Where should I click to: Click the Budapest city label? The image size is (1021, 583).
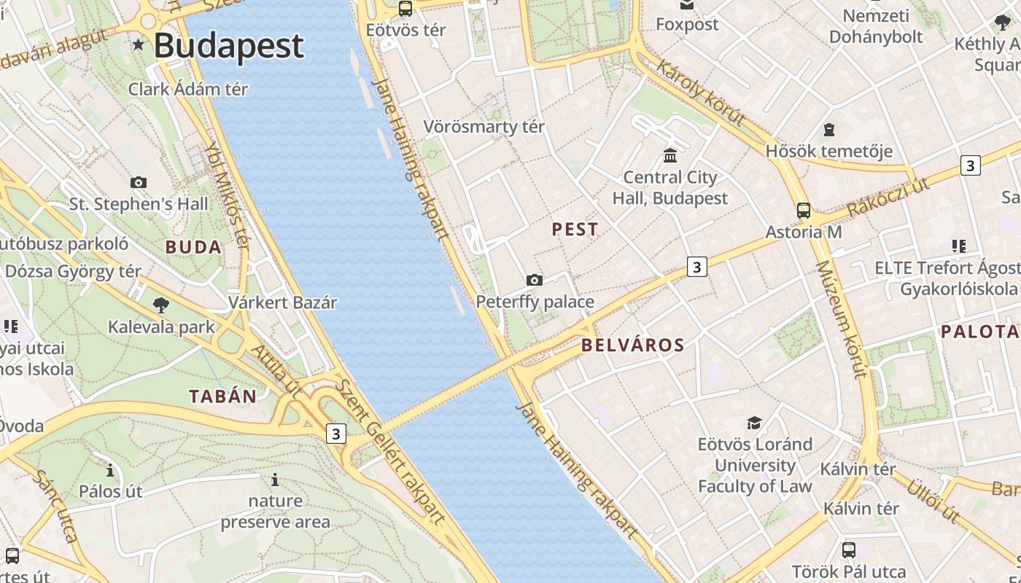click(228, 45)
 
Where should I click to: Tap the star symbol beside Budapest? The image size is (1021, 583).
click(139, 45)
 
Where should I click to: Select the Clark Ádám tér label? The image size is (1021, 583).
click(188, 89)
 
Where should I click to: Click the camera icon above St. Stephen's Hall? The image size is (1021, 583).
click(139, 182)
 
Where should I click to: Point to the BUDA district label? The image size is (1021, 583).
click(193, 247)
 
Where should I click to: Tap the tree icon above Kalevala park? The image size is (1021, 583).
click(161, 305)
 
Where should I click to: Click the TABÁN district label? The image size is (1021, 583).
click(223, 396)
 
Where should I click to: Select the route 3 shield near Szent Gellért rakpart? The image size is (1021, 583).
click(335, 434)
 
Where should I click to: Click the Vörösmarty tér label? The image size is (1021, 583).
click(484, 127)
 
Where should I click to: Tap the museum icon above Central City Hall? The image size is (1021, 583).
click(669, 155)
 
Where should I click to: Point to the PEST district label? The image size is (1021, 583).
click(575, 230)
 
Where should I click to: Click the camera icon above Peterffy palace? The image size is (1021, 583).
click(535, 280)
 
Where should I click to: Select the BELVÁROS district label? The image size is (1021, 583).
click(633, 345)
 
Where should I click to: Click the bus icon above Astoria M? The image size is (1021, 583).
click(803, 211)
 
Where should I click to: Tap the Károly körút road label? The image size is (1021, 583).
click(701, 93)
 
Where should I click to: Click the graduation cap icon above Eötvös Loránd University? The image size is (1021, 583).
click(754, 423)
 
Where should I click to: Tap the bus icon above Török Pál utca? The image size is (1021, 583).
click(849, 549)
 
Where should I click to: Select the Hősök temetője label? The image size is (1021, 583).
click(829, 152)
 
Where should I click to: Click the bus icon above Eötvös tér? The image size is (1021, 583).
click(405, 9)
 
